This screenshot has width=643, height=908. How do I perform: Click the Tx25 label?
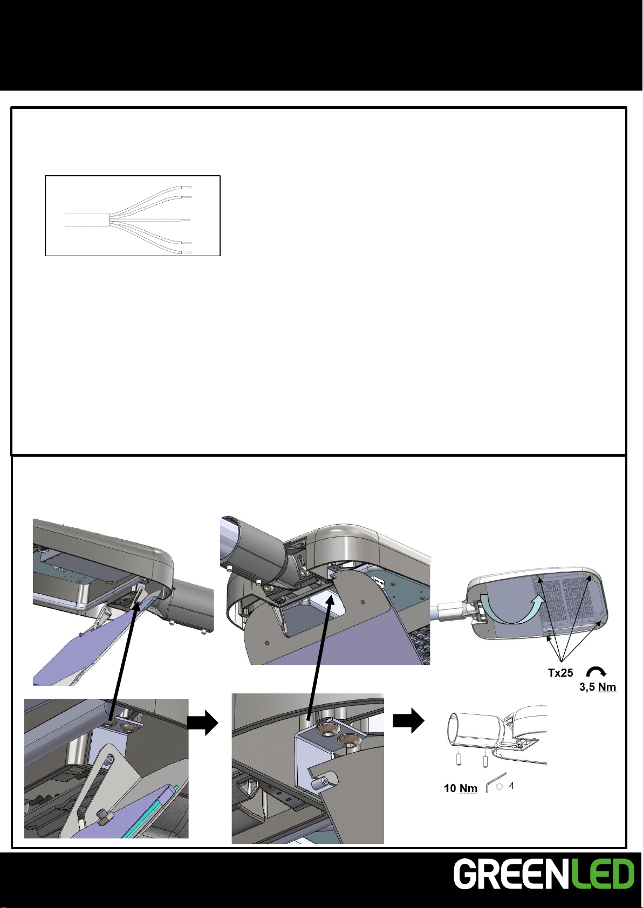(x=560, y=673)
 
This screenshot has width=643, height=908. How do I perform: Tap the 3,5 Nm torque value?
(x=598, y=687)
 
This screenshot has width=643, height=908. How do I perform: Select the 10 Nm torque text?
(x=461, y=788)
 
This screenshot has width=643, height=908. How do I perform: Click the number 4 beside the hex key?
(x=511, y=786)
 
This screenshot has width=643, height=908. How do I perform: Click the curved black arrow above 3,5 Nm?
(x=596, y=671)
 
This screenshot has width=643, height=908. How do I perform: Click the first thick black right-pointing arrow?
(x=203, y=722)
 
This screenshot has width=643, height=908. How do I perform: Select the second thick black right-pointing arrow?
(x=408, y=721)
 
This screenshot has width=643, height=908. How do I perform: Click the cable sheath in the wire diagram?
(x=87, y=219)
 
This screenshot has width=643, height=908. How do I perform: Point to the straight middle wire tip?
(x=186, y=219)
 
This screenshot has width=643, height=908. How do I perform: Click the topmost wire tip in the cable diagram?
(x=186, y=187)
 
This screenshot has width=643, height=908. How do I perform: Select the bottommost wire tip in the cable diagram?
(x=186, y=252)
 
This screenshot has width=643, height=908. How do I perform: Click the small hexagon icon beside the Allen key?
(x=500, y=787)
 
